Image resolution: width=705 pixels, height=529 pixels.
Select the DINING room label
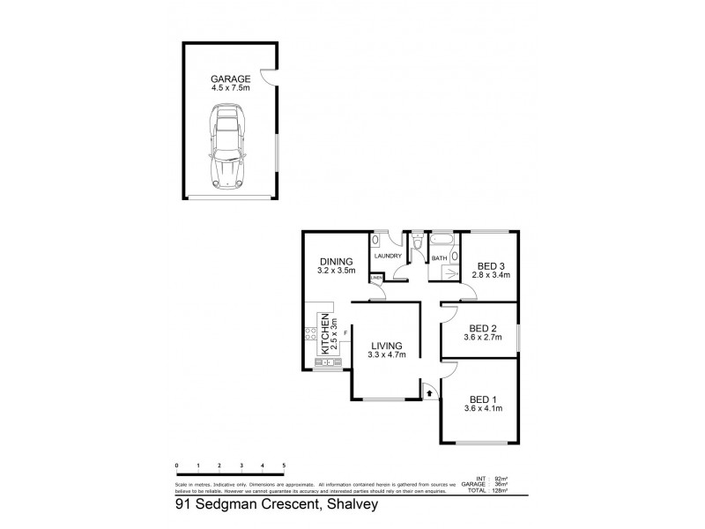tap(337, 261)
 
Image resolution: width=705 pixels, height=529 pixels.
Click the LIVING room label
tap(385, 345)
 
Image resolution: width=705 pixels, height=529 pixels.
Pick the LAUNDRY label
tap(388, 257)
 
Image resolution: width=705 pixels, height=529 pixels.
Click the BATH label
tap(439, 258)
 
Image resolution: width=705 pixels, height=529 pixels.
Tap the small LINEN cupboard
tap(376, 279)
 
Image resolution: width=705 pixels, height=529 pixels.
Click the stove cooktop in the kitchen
tap(311, 332)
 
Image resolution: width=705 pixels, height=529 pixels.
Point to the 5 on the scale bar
tap(284, 464)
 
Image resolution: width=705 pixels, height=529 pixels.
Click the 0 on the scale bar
tap(176, 464)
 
